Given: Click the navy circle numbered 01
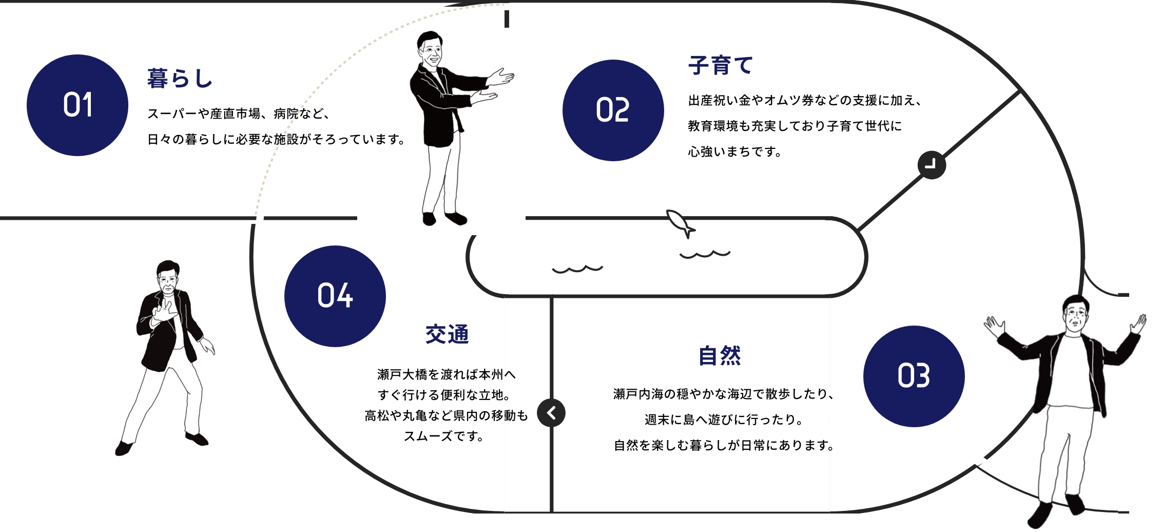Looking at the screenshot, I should coord(78,105).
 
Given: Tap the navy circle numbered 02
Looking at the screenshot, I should coord(613,110).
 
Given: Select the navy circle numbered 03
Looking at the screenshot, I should coord(914,376).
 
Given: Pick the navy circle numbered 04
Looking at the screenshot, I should coord(335,296).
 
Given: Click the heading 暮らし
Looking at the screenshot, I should coord(180,79).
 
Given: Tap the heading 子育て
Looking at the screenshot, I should coord(721,66).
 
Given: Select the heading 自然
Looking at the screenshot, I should coord(720,355).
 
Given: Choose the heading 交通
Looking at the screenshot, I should coord(447,334).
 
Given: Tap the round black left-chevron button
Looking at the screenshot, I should coord(551,413).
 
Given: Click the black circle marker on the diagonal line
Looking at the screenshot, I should coord(932,165).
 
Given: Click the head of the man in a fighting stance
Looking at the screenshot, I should coord(168,277).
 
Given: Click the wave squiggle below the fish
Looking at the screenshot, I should coord(705,254).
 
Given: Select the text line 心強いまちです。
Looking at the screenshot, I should coord(734,152).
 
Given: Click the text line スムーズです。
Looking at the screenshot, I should coord(444,436).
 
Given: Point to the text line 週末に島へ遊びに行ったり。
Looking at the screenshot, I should coord(724,420).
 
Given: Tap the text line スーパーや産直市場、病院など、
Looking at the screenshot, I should coord(239,113).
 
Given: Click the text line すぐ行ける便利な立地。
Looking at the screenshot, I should coord(444,395).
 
